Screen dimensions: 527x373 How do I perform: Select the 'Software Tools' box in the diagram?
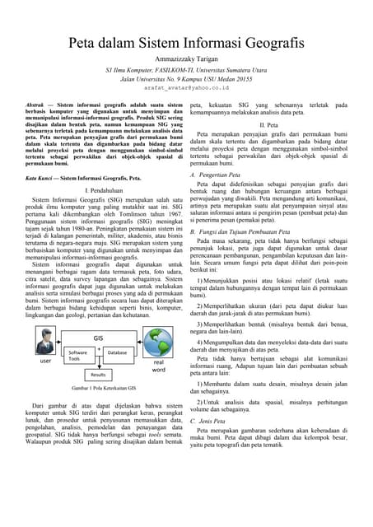pos(79,354)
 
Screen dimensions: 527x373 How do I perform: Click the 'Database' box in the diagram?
pos(117,352)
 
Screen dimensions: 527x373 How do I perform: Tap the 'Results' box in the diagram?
pos(98,374)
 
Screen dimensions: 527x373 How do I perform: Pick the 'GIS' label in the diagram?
pos(98,338)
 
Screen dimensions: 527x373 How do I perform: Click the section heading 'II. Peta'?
pos(268,124)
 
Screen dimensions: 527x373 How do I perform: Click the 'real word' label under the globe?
pos(158,366)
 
